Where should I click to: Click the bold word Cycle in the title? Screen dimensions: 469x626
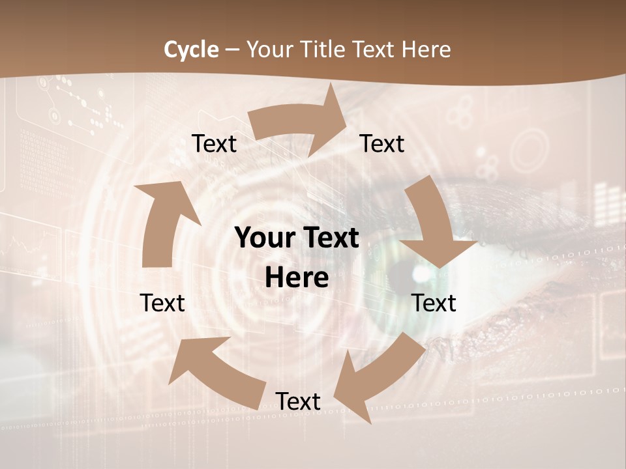(191, 50)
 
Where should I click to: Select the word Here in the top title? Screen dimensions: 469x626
(426, 50)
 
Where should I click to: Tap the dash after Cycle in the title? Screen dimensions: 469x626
(232, 50)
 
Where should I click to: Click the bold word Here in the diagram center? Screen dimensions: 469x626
(297, 277)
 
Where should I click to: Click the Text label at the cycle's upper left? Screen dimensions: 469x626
(214, 144)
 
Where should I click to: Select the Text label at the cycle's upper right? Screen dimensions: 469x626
(382, 144)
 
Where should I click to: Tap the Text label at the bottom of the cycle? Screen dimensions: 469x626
(298, 402)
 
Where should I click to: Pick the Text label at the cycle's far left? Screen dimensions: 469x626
(162, 303)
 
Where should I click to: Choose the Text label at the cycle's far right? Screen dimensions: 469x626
(434, 303)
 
